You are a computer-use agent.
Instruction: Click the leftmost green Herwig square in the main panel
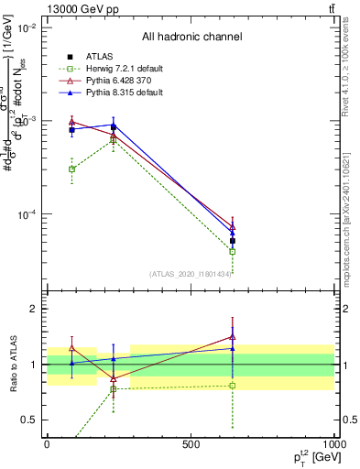point(72,169)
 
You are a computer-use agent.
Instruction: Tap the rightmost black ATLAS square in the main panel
point(233,242)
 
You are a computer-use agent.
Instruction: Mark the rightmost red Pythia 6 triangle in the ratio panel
point(233,336)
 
